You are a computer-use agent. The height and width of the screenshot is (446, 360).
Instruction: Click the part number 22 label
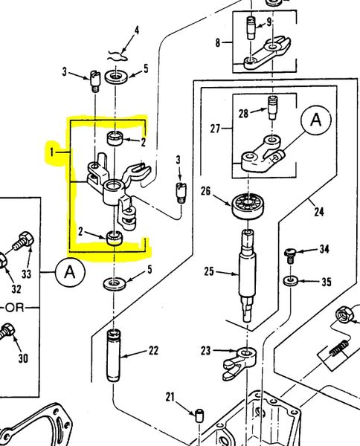(x=153, y=350)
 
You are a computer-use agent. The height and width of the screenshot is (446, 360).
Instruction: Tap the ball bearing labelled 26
(x=247, y=206)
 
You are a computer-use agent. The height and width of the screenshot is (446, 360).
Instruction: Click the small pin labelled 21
(x=200, y=416)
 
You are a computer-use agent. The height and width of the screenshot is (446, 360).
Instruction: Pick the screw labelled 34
(x=289, y=256)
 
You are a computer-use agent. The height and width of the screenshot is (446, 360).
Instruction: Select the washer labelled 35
(x=290, y=281)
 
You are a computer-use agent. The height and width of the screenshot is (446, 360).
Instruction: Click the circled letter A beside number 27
(x=316, y=120)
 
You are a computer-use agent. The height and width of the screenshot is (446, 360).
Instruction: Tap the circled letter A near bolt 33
(x=70, y=272)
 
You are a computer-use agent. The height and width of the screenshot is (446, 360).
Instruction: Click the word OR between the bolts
(x=15, y=308)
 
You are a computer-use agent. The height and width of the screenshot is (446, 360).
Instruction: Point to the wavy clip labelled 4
(x=118, y=56)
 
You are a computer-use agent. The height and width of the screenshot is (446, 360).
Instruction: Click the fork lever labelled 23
(x=240, y=363)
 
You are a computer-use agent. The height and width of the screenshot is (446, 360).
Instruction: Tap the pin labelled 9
(x=251, y=28)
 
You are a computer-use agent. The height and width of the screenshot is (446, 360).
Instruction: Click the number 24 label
(x=319, y=212)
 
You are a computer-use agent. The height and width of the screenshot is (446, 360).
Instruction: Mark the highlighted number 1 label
(x=51, y=152)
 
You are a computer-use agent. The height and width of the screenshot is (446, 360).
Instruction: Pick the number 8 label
(x=218, y=42)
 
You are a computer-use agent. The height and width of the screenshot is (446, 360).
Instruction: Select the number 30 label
(x=23, y=358)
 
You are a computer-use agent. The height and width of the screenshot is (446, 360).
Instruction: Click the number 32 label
(x=16, y=289)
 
